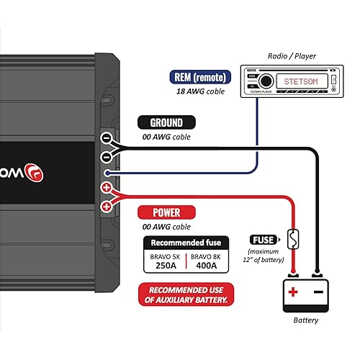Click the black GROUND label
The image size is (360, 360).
[166, 122]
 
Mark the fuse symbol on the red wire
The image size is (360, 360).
[291, 237]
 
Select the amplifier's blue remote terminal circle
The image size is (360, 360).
[107, 172]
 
